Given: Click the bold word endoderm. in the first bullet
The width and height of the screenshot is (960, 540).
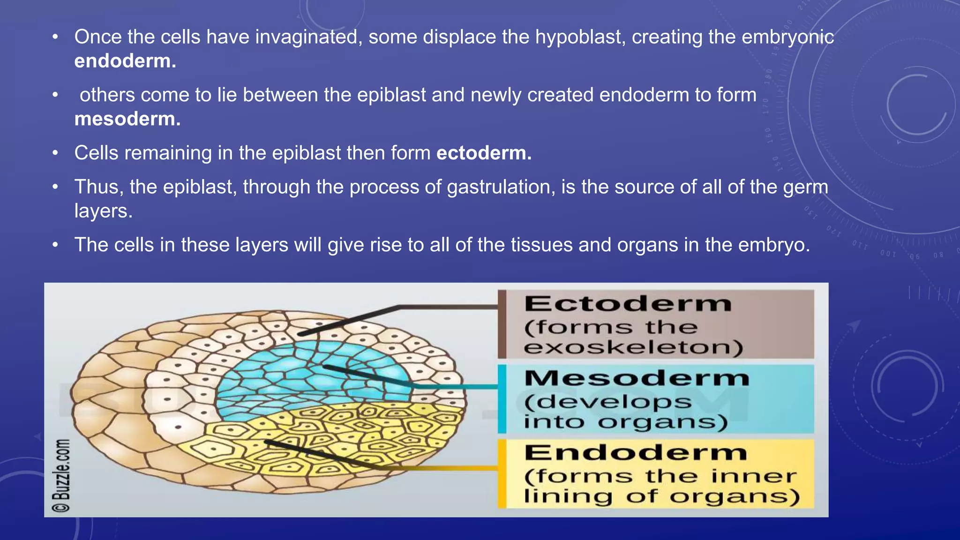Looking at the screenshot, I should pos(125,61).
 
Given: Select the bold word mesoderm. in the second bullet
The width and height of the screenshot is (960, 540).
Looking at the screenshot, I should pos(127,119).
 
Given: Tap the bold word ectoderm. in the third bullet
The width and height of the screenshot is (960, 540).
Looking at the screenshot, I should pos(484,153).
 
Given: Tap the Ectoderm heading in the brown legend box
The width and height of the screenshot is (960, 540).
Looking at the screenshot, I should pos(628,304).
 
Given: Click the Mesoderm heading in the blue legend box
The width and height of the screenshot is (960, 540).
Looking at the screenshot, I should pos(637,378).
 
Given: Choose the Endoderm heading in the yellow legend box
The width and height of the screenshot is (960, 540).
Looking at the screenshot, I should pos(635,453).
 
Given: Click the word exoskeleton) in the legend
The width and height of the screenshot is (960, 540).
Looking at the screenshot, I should pos(633,348).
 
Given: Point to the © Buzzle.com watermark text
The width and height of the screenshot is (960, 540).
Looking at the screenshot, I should pos(61,475).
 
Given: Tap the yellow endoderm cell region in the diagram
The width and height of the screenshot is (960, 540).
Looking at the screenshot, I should pos(328,436).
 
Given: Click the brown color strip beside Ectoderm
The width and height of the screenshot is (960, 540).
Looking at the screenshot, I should pos(502,324).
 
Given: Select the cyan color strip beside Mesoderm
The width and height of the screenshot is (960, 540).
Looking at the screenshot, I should pos(502,399).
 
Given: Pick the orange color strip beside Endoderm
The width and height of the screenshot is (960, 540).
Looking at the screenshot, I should pos(502,473).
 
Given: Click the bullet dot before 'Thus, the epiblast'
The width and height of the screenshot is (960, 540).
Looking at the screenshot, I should pos(55,187).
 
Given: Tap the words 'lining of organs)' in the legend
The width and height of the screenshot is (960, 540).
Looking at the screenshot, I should pos(661,496).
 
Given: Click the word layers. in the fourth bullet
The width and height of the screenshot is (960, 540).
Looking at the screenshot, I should pos(103,211).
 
